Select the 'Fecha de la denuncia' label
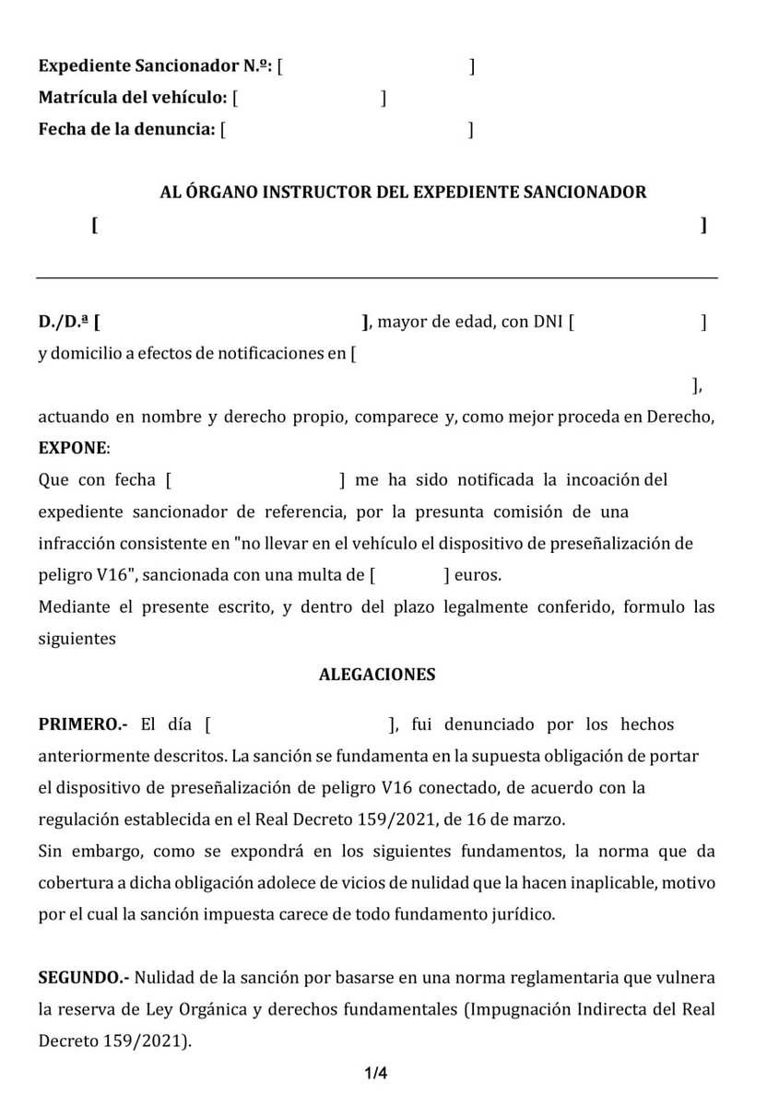[126, 130]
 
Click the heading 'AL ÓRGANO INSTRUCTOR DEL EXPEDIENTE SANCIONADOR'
[403, 193]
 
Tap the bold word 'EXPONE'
[73, 448]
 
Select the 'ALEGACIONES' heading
[377, 675]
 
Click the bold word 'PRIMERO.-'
[84, 724]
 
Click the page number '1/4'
[376, 1074]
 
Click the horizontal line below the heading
[377, 277]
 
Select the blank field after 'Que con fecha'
[255, 480]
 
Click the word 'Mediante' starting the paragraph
[70, 607]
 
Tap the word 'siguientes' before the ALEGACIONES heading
[77, 639]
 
